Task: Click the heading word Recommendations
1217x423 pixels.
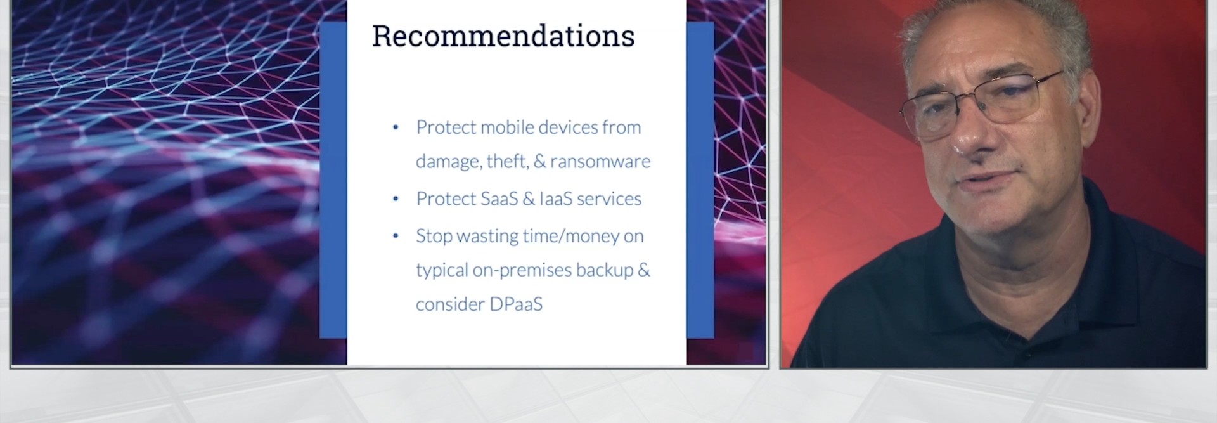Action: [503, 36]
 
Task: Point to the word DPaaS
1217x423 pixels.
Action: [515, 304]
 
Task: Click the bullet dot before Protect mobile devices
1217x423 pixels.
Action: [396, 127]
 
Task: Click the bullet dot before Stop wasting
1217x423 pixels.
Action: [396, 236]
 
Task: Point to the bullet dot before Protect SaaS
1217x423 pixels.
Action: [396, 199]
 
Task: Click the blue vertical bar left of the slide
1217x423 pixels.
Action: [333, 180]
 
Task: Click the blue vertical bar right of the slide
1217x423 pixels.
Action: [700, 180]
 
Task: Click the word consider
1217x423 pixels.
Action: [449, 304]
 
